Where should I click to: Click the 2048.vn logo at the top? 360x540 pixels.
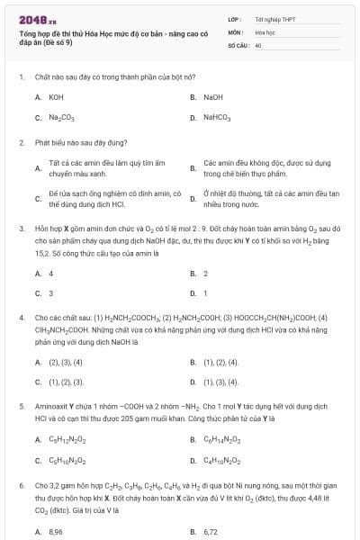point(37,19)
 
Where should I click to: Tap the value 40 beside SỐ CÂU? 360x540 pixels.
point(258,44)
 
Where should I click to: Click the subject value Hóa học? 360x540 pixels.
point(265,31)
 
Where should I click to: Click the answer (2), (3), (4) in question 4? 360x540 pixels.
point(65,362)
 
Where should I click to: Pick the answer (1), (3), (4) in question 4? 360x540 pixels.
point(220,382)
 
